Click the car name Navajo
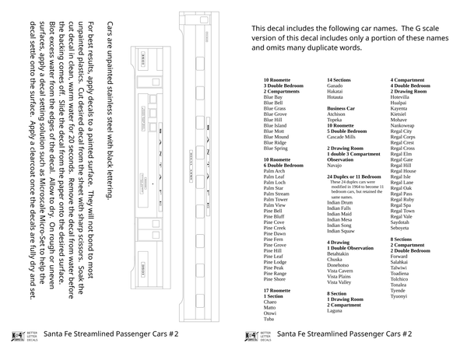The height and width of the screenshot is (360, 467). [335, 166]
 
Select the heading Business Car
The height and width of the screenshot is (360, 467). [341, 108]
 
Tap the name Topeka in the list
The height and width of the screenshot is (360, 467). [335, 120]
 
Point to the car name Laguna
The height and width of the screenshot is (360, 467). [335, 311]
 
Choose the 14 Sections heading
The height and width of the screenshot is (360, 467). [339, 79]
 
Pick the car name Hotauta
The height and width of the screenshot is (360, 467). [336, 96]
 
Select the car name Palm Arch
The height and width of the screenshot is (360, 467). [275, 171]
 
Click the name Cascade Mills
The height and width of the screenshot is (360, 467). [342, 137]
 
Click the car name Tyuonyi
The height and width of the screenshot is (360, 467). [399, 296]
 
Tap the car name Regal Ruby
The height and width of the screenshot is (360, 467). [402, 200]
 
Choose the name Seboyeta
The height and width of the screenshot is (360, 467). [399, 228]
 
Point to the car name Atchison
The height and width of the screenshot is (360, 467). [337, 114]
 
